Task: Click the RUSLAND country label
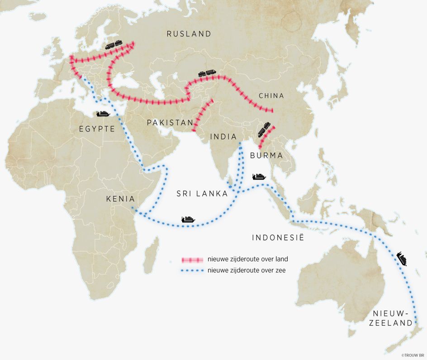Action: (x=189, y=34)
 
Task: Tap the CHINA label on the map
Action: (x=271, y=96)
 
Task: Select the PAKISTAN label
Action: (x=170, y=123)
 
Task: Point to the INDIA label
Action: (x=223, y=137)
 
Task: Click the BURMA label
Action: (x=266, y=156)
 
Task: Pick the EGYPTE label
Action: (x=97, y=129)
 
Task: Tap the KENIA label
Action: (x=121, y=199)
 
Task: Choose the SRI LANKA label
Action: (x=202, y=194)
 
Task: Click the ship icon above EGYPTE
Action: (x=103, y=114)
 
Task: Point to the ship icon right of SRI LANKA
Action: (x=259, y=176)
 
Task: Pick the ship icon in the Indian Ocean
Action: (x=188, y=219)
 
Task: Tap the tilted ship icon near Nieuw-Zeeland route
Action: (x=402, y=259)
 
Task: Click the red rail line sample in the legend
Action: (x=192, y=260)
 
